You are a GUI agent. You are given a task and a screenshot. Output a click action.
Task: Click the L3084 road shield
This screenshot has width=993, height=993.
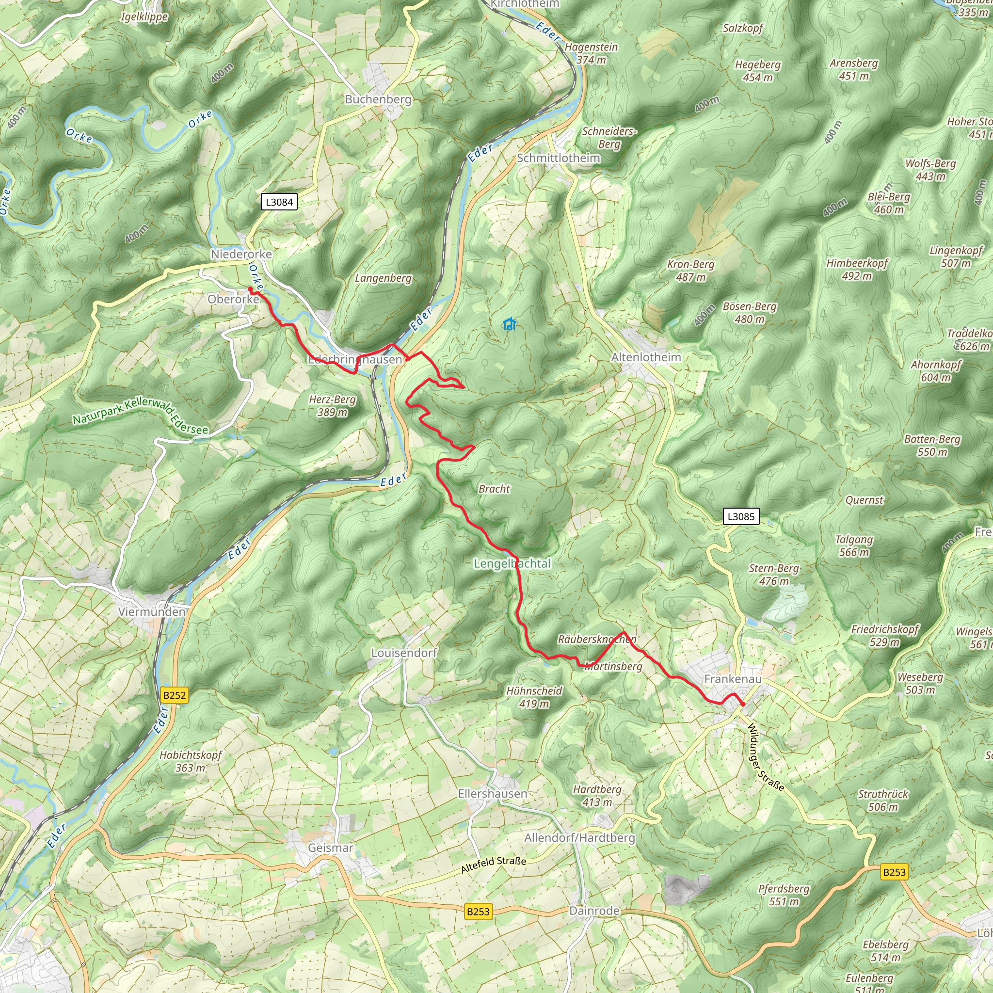pyautogui.click(x=279, y=202)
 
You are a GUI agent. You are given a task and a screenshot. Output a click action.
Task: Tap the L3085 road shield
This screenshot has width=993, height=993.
pyautogui.click(x=741, y=516)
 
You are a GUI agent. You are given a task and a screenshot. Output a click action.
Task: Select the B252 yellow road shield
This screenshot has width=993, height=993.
pyautogui.click(x=174, y=695)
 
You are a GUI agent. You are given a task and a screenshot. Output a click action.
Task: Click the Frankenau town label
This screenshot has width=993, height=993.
pyautogui.click(x=733, y=679)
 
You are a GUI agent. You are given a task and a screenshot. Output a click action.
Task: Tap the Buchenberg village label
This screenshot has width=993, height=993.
pyautogui.click(x=378, y=99)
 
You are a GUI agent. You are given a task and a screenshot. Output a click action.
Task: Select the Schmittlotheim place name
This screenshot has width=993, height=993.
pyautogui.click(x=558, y=158)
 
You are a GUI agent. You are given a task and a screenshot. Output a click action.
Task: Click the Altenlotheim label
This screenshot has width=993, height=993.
pyautogui.click(x=645, y=357)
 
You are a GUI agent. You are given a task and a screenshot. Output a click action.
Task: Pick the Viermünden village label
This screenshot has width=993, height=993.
pyautogui.click(x=152, y=611)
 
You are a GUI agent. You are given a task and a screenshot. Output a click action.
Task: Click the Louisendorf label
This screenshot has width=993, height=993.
pyautogui.click(x=404, y=653)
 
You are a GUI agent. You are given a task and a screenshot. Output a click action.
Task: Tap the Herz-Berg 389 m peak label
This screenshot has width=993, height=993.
pyautogui.click(x=332, y=405)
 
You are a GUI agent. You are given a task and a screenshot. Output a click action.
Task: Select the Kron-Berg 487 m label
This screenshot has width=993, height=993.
pyautogui.click(x=690, y=271)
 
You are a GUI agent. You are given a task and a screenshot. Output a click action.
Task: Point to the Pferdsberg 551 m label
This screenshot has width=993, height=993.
pyautogui.click(x=784, y=895)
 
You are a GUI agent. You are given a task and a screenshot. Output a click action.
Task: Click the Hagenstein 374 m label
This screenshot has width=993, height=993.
pyautogui.click(x=591, y=53)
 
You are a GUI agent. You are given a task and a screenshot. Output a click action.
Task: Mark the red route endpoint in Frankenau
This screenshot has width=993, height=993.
pyautogui.click(x=743, y=704)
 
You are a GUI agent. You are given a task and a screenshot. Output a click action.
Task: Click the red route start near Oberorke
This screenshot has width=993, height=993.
pyautogui.click(x=250, y=289)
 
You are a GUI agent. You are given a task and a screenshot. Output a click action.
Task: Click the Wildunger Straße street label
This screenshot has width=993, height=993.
pyautogui.click(x=765, y=757)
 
